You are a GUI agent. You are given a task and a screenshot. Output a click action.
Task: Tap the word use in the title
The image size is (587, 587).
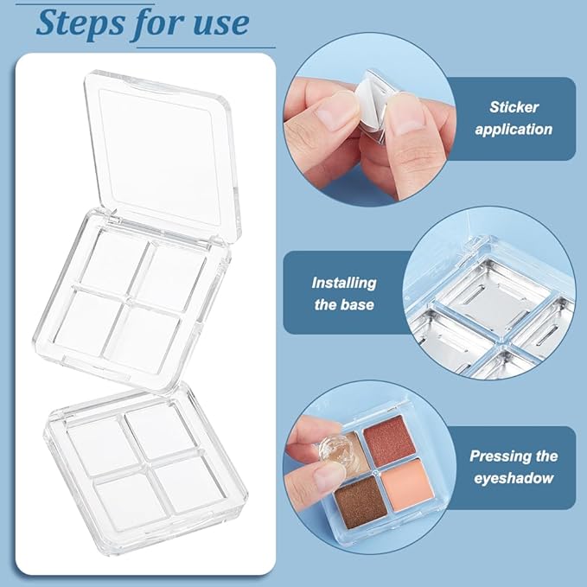pos(217,23)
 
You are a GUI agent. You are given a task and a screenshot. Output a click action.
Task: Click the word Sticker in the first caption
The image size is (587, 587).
pos(514,107)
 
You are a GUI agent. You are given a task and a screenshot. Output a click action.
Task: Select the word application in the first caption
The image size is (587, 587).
pos(514,130)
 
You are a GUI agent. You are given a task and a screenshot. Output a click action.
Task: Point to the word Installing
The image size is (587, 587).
pos(344,283)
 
